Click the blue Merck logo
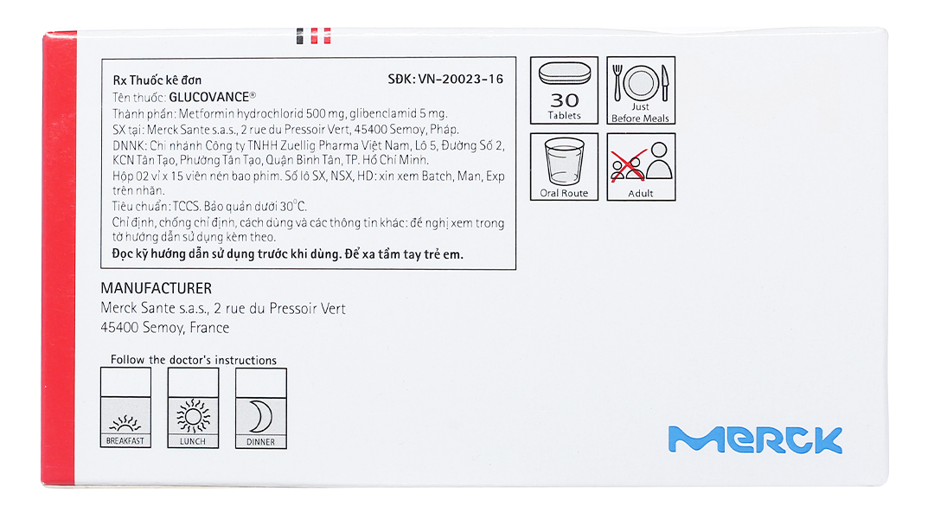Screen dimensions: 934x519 (x=755, y=439)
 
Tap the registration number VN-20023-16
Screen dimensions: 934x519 (x=460, y=79)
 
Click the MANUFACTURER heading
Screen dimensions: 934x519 (x=156, y=288)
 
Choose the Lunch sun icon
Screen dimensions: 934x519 (x=193, y=414)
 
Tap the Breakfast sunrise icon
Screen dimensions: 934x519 (x=125, y=422)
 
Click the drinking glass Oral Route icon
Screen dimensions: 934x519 (x=564, y=162)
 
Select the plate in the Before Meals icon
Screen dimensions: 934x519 (x=641, y=82)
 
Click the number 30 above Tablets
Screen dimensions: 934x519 (x=564, y=100)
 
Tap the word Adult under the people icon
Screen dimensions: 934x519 (x=640, y=193)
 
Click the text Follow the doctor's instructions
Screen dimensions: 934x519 (x=194, y=360)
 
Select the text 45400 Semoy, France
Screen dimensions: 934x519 (x=164, y=328)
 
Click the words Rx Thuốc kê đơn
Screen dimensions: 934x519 (x=157, y=80)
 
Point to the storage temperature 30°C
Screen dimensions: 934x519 (x=293, y=206)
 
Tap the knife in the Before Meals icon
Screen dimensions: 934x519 (x=665, y=83)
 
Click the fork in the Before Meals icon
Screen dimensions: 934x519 (x=617, y=82)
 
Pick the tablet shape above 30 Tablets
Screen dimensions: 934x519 (x=565, y=74)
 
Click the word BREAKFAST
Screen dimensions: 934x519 (x=125, y=441)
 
